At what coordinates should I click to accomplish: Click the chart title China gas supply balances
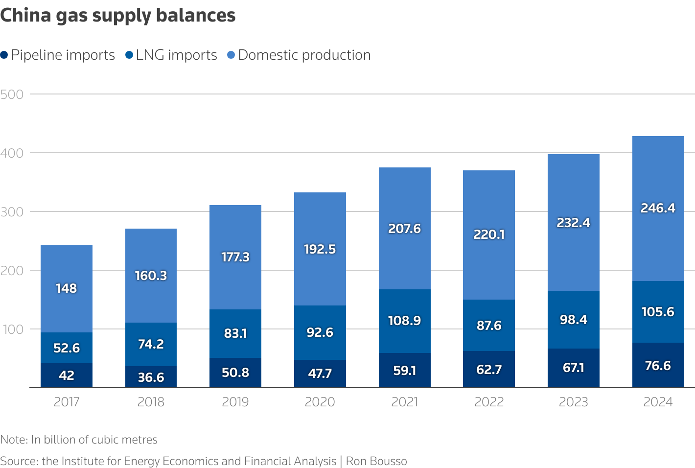[x=118, y=16]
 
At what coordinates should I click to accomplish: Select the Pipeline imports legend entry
[x=58, y=55]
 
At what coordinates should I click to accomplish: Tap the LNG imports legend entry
[x=171, y=55]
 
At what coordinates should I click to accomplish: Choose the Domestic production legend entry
[x=299, y=55]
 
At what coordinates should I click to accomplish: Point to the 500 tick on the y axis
[x=12, y=94]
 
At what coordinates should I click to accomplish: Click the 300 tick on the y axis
[x=12, y=211]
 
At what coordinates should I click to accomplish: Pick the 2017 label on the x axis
[x=67, y=402]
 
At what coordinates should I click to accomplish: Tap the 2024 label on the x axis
[x=658, y=402]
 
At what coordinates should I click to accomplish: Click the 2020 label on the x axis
[x=320, y=402]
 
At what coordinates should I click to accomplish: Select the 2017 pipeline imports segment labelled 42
[x=67, y=375]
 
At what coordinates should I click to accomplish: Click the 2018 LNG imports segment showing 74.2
[x=151, y=344]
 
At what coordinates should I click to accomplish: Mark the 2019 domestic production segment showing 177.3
[x=235, y=257]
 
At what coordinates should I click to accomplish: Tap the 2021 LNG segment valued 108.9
[x=405, y=321]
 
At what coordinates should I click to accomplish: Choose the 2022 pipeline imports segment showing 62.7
[x=489, y=369]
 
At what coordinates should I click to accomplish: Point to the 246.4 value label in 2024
[x=658, y=208]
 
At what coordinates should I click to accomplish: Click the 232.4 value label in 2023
[x=574, y=223]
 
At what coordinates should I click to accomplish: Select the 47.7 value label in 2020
[x=320, y=374]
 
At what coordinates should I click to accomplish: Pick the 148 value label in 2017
[x=67, y=288]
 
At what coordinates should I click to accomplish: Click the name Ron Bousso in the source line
[x=376, y=461]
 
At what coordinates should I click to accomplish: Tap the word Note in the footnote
[x=13, y=440]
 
